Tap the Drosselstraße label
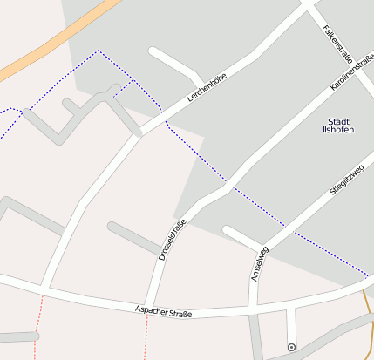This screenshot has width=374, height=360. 172,240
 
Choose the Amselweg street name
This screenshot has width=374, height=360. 259,263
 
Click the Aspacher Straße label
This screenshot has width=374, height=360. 163,310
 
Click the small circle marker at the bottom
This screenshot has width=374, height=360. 291,348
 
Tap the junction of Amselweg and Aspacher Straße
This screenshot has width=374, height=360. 253,306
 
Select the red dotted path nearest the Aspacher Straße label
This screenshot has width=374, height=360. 146,336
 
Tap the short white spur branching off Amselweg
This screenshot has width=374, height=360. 241,236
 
